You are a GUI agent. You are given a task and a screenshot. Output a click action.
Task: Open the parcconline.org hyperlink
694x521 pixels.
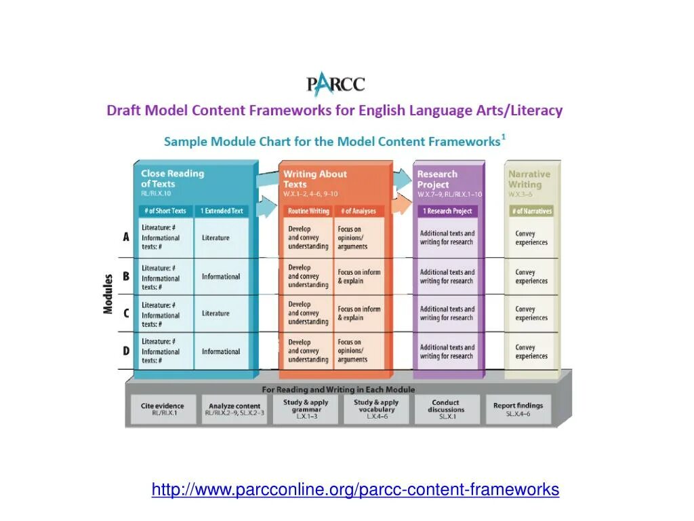tap(355, 490)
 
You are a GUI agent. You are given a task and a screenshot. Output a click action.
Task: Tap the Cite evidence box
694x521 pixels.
tap(163, 409)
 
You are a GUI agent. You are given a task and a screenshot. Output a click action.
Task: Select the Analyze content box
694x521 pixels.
tap(234, 409)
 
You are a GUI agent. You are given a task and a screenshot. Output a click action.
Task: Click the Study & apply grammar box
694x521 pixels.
tap(306, 409)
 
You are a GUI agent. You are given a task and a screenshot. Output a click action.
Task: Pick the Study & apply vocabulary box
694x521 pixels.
tap(376, 409)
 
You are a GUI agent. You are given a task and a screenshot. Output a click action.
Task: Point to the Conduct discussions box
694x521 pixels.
tap(447, 409)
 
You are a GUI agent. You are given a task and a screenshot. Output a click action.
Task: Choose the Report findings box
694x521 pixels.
tap(518, 409)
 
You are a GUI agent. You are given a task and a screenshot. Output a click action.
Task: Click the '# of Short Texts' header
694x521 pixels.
tap(165, 211)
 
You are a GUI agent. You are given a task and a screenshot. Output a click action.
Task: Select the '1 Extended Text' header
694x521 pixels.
tap(221, 211)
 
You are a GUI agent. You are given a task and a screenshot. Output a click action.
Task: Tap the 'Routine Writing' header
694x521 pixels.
tap(308, 211)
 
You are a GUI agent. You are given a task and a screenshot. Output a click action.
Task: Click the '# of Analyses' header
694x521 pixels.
tap(359, 211)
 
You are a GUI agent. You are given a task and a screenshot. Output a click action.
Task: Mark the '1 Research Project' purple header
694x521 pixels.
tap(447, 211)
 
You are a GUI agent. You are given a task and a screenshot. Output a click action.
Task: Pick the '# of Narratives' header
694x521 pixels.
tap(531, 211)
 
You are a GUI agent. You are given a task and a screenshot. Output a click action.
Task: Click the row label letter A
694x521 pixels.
tap(126, 237)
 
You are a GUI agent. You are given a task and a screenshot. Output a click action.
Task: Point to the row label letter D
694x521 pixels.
tap(126, 351)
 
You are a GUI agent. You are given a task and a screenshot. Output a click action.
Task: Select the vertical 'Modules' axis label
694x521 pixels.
tap(108, 294)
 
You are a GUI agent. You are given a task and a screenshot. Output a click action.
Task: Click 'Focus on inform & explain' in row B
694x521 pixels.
tap(359, 276)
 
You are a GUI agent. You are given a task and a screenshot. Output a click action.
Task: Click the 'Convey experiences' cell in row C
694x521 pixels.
tap(531, 313)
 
